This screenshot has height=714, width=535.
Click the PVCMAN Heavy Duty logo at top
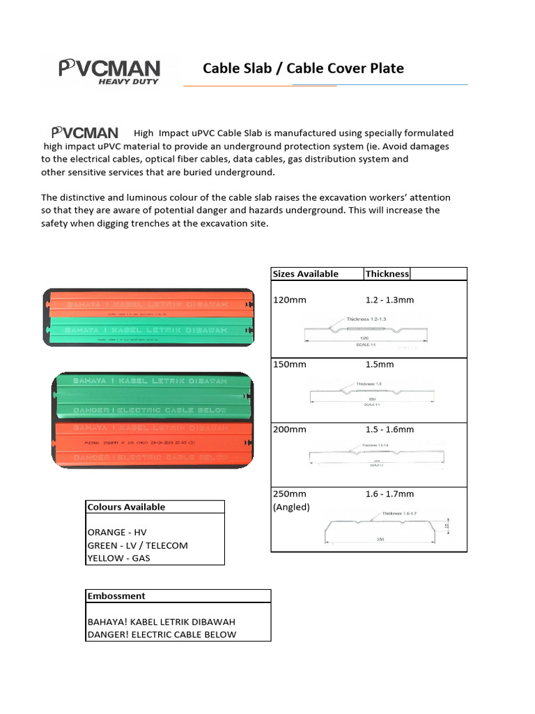pos(109,70)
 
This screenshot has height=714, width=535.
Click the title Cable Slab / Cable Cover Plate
pos(303,68)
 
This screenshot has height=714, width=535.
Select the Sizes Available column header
pos(305,274)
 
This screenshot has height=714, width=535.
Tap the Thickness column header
pos(387,274)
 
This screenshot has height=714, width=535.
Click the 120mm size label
pos(289,300)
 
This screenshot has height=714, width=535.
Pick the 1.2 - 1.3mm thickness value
pos(389,300)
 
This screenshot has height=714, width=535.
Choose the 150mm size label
pos(289,364)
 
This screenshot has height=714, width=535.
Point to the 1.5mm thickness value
pos(380,364)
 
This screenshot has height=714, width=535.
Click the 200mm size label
pos(289,429)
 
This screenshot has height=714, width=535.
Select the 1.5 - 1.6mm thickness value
pos(389,429)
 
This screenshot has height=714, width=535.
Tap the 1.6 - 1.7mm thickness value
pos(389,494)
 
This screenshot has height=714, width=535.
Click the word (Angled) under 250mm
pos(290,507)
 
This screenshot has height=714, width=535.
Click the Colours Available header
pos(126,507)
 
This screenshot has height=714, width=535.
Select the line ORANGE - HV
pos(117,532)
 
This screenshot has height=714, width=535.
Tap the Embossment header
pos(116,596)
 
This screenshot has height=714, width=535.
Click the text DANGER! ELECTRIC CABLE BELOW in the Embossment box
pos(162,634)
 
